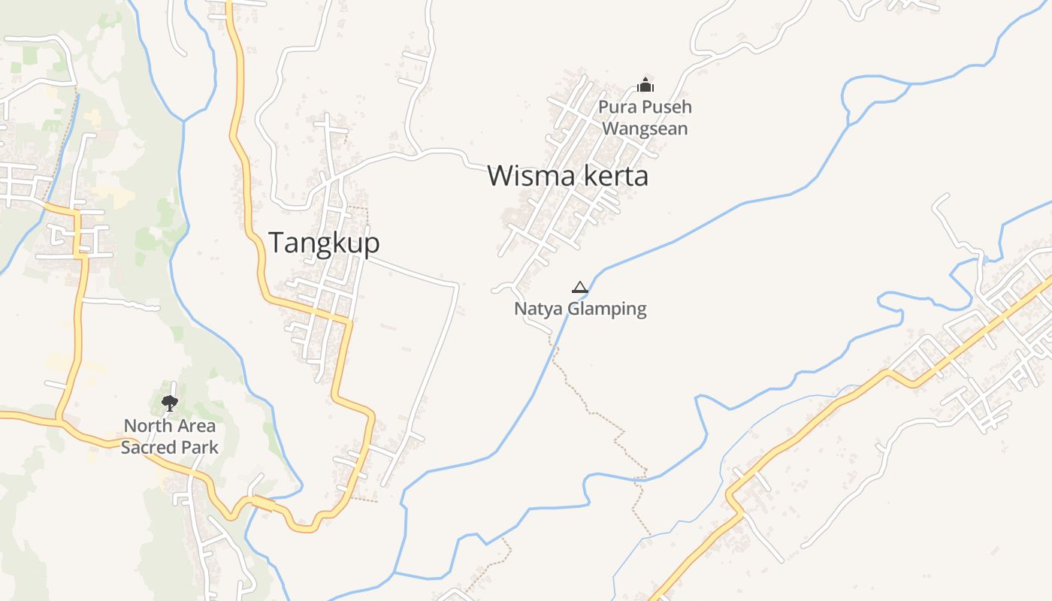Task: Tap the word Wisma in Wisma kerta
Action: tap(526, 176)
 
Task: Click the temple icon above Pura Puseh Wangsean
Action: tap(645, 84)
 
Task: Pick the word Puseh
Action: tap(666, 107)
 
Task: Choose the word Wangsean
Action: tap(645, 128)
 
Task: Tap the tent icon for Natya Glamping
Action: tap(579, 287)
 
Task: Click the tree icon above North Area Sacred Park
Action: tap(170, 403)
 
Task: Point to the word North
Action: tap(147, 426)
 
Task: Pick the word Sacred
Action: tap(147, 448)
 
